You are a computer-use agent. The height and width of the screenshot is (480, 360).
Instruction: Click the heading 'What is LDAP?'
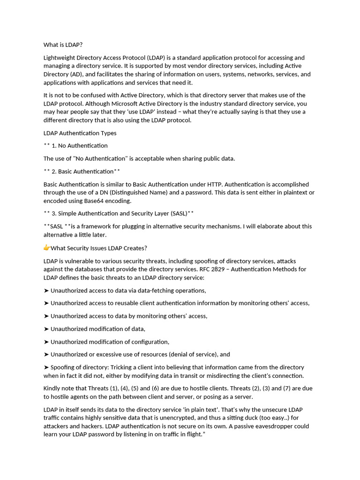tap(63, 45)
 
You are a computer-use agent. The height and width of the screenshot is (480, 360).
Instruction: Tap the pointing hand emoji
tap(47, 248)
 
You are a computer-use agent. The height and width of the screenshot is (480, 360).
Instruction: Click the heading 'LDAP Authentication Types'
tap(80, 133)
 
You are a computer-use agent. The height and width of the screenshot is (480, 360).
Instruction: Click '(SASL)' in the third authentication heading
tap(176, 214)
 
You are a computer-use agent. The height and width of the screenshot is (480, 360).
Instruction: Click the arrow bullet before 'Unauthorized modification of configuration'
tap(46, 342)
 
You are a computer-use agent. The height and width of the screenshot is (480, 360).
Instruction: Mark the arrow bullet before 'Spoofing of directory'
tap(46, 367)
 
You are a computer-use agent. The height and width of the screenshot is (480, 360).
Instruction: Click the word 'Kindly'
tap(52, 389)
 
